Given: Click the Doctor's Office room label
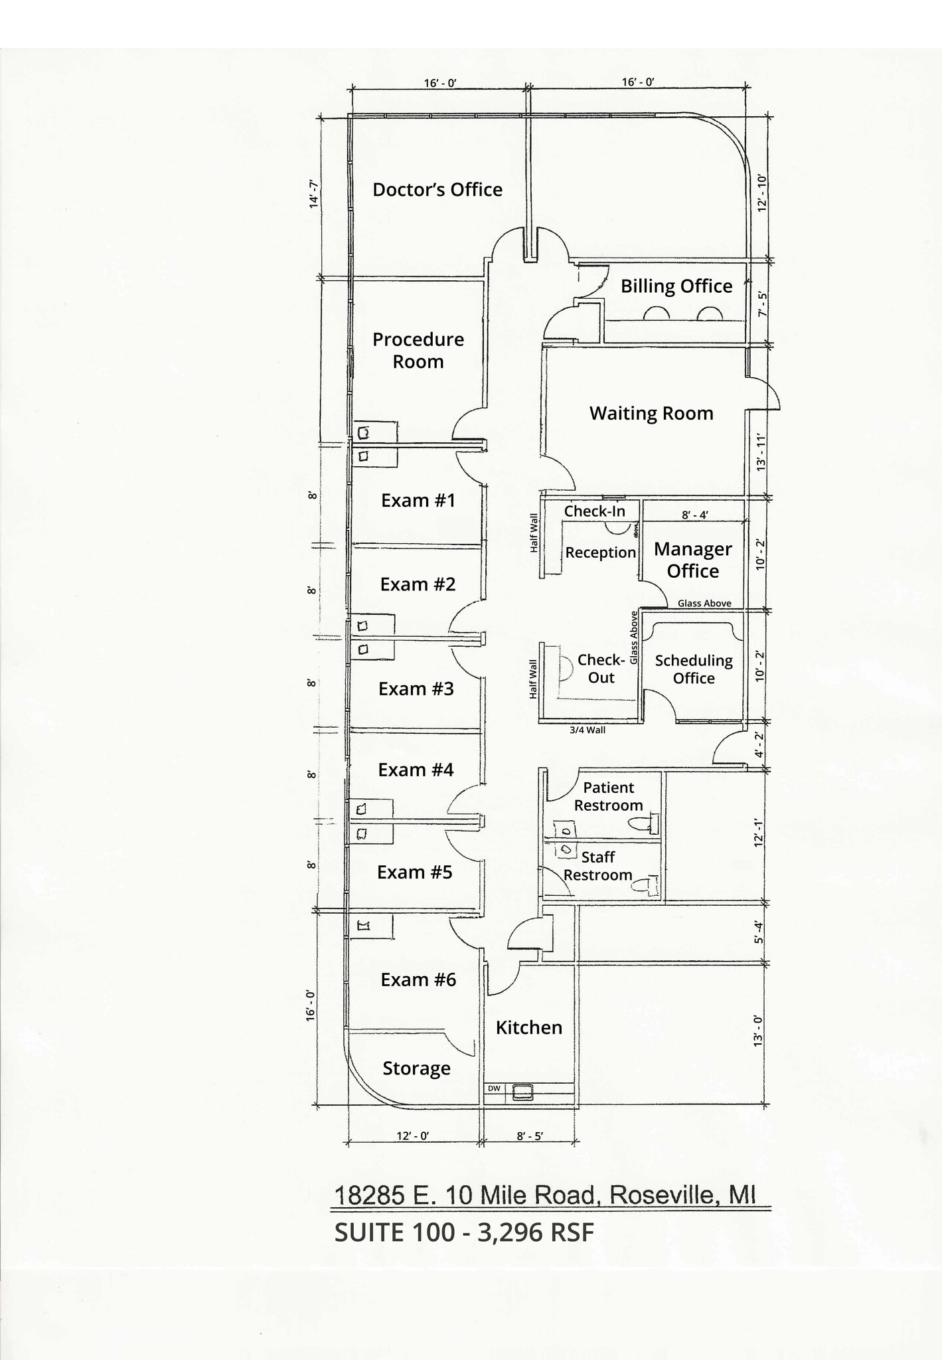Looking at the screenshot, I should [437, 190].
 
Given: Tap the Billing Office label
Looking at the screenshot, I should [676, 286].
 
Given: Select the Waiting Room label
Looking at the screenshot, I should [651, 414].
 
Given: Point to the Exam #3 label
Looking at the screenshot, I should [416, 689].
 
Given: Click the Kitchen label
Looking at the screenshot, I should [528, 1027].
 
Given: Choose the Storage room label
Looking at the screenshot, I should [416, 1068].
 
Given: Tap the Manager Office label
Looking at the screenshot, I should [692, 560].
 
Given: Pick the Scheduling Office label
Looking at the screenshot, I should [694, 669].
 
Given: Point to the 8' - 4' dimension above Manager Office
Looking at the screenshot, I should [694, 515].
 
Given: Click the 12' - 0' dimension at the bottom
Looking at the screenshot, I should [412, 1136].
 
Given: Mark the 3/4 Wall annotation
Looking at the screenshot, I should [588, 730].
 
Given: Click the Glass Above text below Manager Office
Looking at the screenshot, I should [704, 604].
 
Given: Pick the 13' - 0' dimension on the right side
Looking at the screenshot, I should [758, 1031].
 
